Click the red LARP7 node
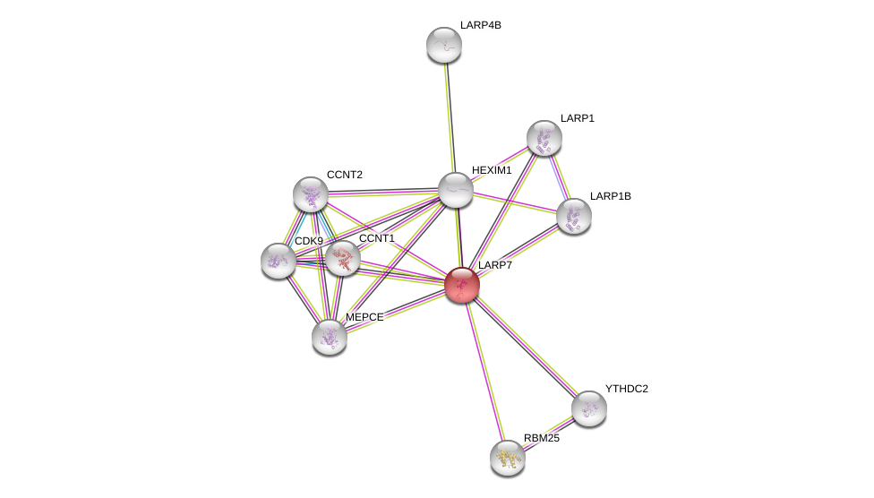coord(462,285)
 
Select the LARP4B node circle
coord(444,45)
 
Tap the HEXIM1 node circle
coord(456,190)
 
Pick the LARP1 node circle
coord(544,138)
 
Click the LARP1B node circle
coord(574,216)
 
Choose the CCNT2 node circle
coord(311,194)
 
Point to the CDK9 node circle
coord(278,261)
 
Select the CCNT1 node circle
coord(343,258)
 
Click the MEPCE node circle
coord(330,337)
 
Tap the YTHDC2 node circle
coord(589,408)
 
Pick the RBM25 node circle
coord(508,458)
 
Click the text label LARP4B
coord(481,25)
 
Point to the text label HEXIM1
coord(492,170)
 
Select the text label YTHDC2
coord(626,389)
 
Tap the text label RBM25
coord(542,438)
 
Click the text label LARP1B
coord(610,196)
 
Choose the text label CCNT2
coord(345,175)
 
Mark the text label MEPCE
coord(364,317)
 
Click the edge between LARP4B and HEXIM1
coord(450,116)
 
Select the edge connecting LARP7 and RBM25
coord(484,371)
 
